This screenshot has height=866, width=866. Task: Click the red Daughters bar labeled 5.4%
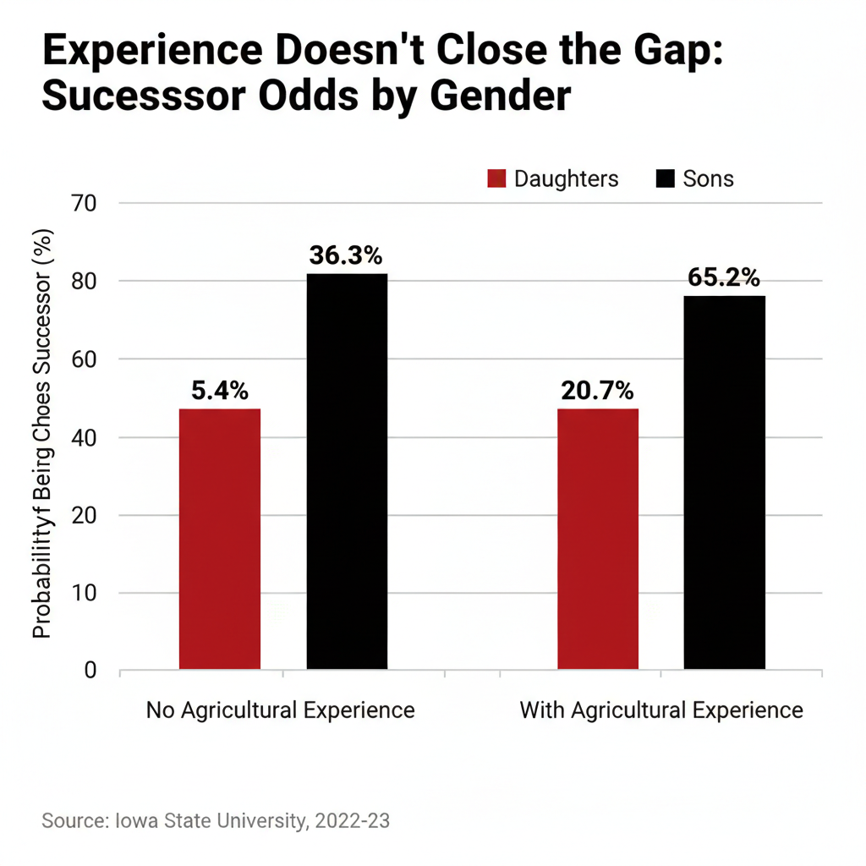[x=220, y=539]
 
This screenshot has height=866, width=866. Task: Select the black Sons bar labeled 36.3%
[x=347, y=471]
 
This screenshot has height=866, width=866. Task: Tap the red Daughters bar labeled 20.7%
[x=598, y=539]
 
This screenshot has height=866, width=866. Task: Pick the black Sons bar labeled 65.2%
[x=725, y=482]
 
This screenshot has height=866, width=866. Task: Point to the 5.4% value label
[x=220, y=391]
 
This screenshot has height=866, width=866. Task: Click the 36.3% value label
[x=347, y=255]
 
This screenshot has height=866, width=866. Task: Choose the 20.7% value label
[x=597, y=391]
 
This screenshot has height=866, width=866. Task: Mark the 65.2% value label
[x=725, y=277]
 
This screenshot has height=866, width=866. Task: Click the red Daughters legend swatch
[x=496, y=179]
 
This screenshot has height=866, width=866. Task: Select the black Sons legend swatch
[x=666, y=179]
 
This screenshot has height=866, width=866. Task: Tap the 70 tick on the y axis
[x=87, y=204]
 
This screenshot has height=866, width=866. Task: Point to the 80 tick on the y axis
[x=87, y=282]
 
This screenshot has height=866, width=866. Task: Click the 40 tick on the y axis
[x=87, y=438]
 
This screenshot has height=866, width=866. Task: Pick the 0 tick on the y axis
[x=91, y=671]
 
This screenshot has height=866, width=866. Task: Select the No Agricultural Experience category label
[x=281, y=710]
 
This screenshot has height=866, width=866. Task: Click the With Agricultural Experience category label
[x=661, y=710]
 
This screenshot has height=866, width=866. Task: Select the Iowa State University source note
[x=216, y=820]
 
